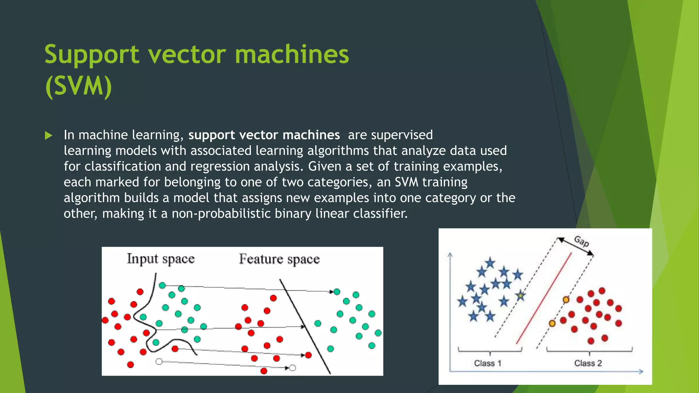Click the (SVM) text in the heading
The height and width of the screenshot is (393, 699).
coord(79,86)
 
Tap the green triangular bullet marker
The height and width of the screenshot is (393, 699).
coord(48,135)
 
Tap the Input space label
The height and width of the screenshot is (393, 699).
coord(160,259)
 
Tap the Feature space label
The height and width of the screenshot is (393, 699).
coord(279,259)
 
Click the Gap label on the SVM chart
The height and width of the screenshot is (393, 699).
coord(581,241)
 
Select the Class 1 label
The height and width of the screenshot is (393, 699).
coord(487,363)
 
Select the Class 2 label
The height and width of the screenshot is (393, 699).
coord(588,363)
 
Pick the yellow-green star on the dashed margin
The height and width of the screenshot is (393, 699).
coord(520,296)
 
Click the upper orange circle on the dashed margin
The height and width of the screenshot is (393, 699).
coord(566,300)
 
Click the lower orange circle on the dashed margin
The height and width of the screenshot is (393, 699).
coord(552,323)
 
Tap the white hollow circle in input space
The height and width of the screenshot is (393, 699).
coord(159,361)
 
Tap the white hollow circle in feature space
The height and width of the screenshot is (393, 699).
coord(293,368)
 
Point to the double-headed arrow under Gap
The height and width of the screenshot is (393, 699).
coord(575,246)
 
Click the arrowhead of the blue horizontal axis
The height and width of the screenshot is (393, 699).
coord(641,372)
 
